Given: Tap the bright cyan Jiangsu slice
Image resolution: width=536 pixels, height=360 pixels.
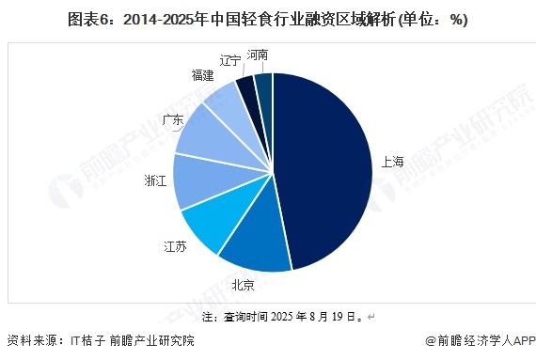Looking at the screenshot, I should (212, 226).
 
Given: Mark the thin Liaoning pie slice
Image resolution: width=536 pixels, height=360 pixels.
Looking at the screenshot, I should (246, 90).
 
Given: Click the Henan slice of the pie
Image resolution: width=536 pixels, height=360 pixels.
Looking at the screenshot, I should (263, 86).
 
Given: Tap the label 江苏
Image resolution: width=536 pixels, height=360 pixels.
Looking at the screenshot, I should (175, 247).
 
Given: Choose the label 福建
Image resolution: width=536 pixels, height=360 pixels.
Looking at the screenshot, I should (201, 75).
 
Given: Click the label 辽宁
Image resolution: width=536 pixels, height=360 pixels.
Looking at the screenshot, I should (230, 60).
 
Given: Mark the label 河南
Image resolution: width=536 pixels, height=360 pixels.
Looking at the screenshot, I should (258, 55).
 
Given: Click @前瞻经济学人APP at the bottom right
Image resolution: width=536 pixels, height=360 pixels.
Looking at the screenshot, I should (480, 341).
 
